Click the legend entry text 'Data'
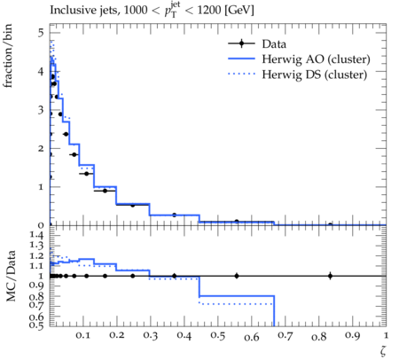(x=274, y=44)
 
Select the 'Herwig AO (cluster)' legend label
(x=316, y=59)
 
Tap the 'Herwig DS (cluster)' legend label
(x=315, y=74)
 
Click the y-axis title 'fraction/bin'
(x=8, y=56)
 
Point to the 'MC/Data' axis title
(x=11, y=276)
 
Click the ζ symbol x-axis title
(x=383, y=351)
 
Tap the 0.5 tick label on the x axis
(x=218, y=336)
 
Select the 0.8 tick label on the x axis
(x=318, y=336)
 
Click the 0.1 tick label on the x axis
(x=83, y=336)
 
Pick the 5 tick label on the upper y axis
(x=41, y=32)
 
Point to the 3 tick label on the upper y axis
(x=41, y=110)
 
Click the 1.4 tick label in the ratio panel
(x=36, y=235)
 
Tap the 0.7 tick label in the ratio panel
(x=36, y=304)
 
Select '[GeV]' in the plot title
(x=239, y=11)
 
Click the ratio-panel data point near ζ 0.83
(x=330, y=276)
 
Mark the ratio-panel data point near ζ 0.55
(x=237, y=276)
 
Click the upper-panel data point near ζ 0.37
(x=174, y=215)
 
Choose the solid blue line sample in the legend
(x=241, y=59)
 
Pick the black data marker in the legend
(x=241, y=43)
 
